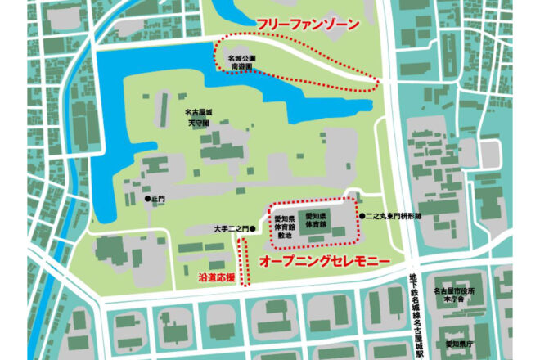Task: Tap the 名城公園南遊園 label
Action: (242, 63)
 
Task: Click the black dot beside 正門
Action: (147, 199)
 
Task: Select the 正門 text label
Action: (159, 199)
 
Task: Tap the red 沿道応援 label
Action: (216, 278)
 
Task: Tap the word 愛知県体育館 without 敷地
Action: (319, 218)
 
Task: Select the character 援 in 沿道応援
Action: (230, 278)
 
